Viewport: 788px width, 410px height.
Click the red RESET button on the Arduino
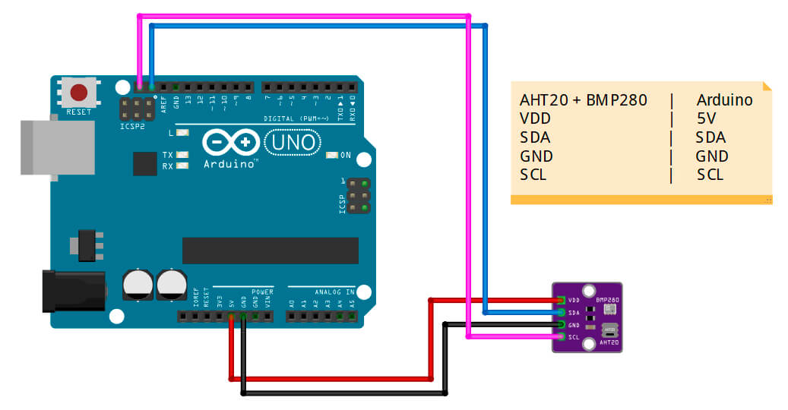(x=79, y=93)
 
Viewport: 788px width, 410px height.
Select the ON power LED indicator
(x=331, y=156)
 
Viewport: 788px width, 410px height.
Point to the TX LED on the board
(x=182, y=155)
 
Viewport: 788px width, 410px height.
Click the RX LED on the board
(x=182, y=165)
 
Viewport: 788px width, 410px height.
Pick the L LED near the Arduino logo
(x=182, y=133)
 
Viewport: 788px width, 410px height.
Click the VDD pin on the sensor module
(x=561, y=300)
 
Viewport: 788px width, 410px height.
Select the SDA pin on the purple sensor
(x=561, y=312)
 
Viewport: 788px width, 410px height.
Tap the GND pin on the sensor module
(x=561, y=325)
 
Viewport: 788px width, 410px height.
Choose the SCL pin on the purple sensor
(x=561, y=337)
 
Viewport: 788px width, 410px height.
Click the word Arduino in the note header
(x=724, y=100)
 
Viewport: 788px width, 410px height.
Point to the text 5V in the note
(x=706, y=118)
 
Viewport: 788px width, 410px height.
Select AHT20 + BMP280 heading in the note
(x=583, y=100)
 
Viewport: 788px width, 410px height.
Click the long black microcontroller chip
(x=259, y=251)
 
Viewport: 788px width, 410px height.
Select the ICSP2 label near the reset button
(x=131, y=126)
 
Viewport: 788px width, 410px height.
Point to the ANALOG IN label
(x=334, y=292)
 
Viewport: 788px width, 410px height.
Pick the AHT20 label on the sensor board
(x=609, y=343)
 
